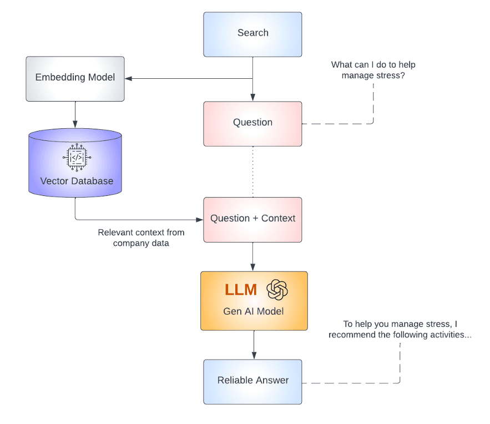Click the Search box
(x=252, y=34)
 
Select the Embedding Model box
(x=75, y=78)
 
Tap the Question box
(x=252, y=123)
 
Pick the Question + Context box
(x=252, y=219)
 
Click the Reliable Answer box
(x=252, y=381)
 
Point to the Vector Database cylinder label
(x=77, y=181)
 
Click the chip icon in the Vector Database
(x=77, y=158)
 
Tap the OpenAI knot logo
(x=277, y=290)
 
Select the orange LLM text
(x=241, y=290)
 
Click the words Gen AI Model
(x=254, y=311)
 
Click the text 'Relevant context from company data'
(x=141, y=238)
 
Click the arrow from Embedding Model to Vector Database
(x=75, y=114)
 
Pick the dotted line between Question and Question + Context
(x=253, y=171)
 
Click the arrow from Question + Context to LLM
(x=253, y=256)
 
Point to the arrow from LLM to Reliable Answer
(x=254, y=345)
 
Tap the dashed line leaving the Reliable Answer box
(x=355, y=382)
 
